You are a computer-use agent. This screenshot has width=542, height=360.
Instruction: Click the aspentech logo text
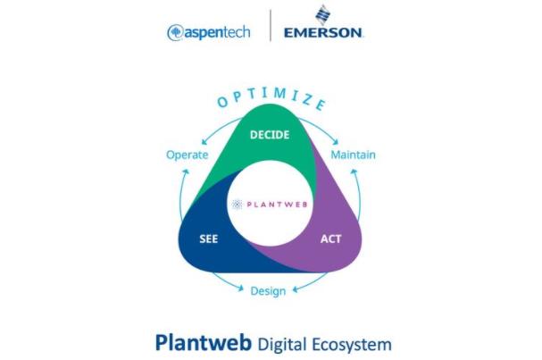pyautogui.click(x=217, y=33)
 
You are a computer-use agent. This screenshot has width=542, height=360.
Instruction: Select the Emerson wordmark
pyautogui.click(x=323, y=33)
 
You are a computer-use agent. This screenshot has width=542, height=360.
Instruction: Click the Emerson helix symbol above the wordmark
pyautogui.click(x=323, y=14)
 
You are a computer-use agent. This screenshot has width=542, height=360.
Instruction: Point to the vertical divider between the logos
pyautogui.click(x=271, y=25)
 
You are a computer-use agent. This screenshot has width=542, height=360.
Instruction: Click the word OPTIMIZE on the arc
pyautogui.click(x=271, y=98)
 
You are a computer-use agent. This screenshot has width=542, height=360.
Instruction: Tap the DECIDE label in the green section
pyautogui.click(x=270, y=135)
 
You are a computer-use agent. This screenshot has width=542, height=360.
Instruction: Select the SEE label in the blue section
pyautogui.click(x=208, y=239)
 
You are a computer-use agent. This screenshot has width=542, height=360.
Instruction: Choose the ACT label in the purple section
pyautogui.click(x=330, y=239)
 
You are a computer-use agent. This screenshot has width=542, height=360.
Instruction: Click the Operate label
pyautogui.click(x=187, y=155)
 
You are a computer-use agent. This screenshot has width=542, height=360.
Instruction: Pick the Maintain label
pyautogui.click(x=353, y=155)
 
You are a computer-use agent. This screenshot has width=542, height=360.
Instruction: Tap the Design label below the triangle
pyautogui.click(x=268, y=291)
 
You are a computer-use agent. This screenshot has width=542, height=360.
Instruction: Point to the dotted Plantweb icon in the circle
pyautogui.click(x=238, y=205)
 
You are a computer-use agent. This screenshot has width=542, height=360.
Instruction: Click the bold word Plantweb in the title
pyautogui.click(x=204, y=343)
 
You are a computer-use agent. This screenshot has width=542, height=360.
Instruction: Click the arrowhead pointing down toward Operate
pyautogui.click(x=204, y=142)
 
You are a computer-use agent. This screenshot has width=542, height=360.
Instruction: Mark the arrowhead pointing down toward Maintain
pyautogui.click(x=336, y=142)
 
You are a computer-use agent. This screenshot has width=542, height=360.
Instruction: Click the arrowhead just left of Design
pyautogui.click(x=240, y=288)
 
